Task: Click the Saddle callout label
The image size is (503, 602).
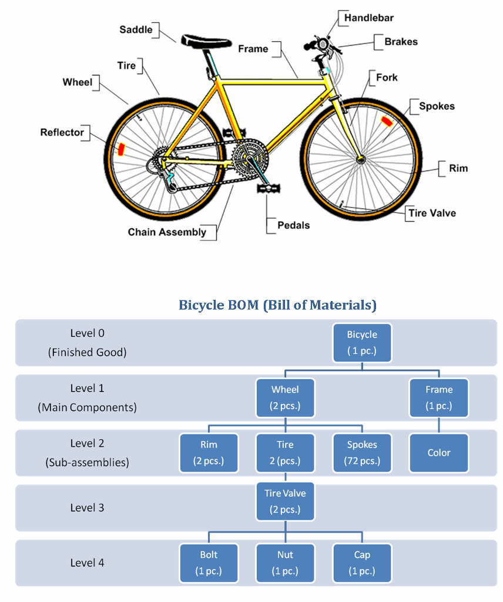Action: [x=136, y=29]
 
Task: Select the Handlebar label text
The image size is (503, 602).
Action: [x=368, y=18]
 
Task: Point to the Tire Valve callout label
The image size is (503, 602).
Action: [x=432, y=213]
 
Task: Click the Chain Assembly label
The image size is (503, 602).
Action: [x=167, y=232]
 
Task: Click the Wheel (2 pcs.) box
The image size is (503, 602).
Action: [x=285, y=398]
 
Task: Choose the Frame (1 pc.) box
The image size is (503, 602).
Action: [x=439, y=398]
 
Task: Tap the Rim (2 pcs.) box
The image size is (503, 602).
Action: [x=209, y=453]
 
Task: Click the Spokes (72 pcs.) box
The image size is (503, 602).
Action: [x=362, y=453]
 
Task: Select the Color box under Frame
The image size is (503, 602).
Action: [x=439, y=453]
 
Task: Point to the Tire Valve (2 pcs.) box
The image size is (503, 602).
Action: [x=285, y=501]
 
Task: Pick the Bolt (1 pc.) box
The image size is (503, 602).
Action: [x=209, y=563]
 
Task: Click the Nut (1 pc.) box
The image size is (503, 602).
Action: [x=285, y=563]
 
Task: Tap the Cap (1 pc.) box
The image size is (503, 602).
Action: [x=362, y=563]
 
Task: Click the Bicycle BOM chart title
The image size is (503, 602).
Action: [x=277, y=305]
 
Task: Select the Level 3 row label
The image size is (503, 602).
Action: [x=87, y=508]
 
